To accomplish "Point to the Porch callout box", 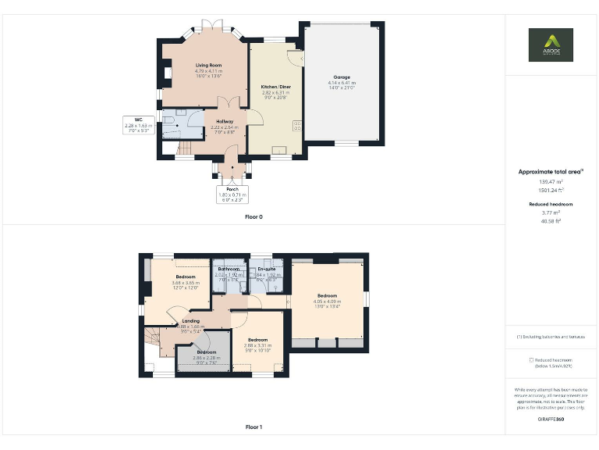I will click(232, 194).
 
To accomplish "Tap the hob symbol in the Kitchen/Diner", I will click(297, 125).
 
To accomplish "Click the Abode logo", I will click(550, 45).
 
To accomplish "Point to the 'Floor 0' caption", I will click(253, 216).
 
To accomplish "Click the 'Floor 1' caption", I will click(253, 427).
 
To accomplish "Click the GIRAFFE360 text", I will click(550, 420).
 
